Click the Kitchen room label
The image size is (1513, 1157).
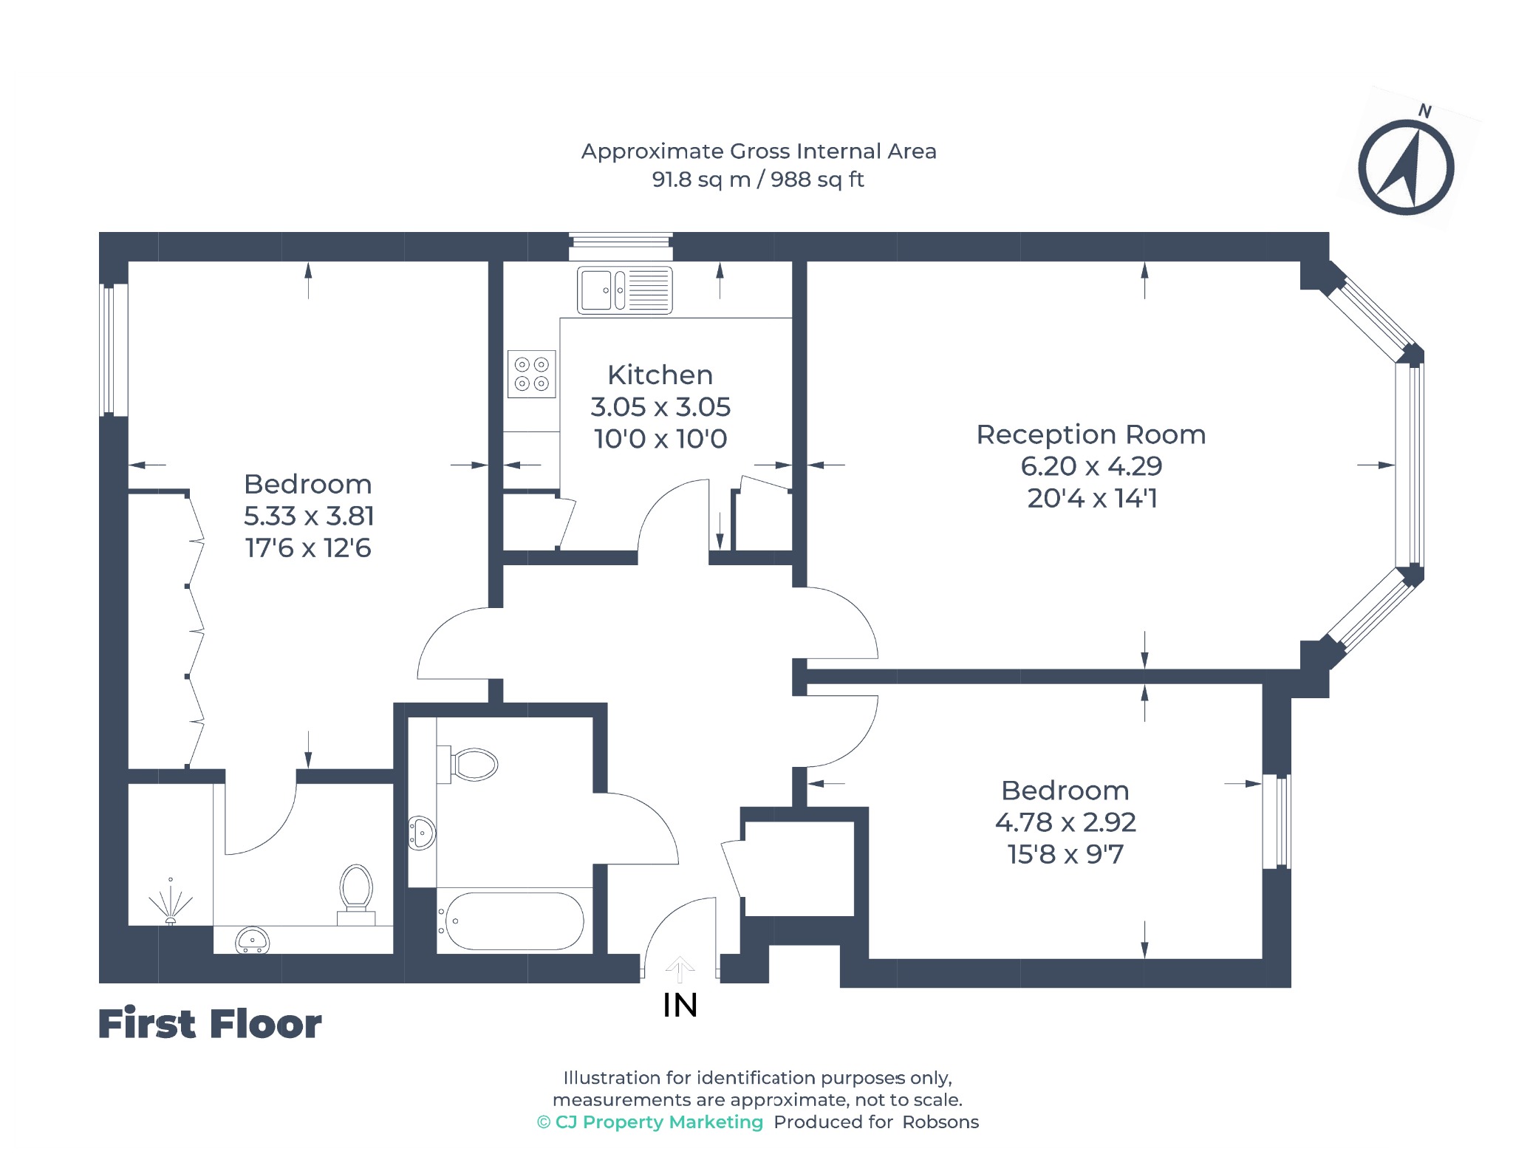coord(660,375)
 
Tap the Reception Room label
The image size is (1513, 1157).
coord(1091,434)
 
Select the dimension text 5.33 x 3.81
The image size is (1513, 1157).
coord(309,516)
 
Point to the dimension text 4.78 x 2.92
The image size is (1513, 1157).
coord(1065,822)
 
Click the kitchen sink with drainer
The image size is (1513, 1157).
coord(625,290)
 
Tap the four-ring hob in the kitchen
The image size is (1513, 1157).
coord(532,374)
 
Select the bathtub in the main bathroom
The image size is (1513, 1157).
coord(511,921)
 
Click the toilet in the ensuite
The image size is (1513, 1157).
coord(356,895)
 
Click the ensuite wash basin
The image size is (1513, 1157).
coord(252,941)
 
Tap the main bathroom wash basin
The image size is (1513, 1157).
coord(422,833)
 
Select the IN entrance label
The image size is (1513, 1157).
coord(680,1006)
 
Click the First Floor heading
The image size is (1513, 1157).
coord(210,1024)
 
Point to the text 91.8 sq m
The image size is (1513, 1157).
coord(701,180)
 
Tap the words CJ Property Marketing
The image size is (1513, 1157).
coord(659,1122)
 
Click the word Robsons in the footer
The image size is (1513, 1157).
coord(940,1122)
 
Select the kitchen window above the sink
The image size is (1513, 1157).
coord(621,247)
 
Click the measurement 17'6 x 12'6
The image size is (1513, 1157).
coord(308,548)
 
